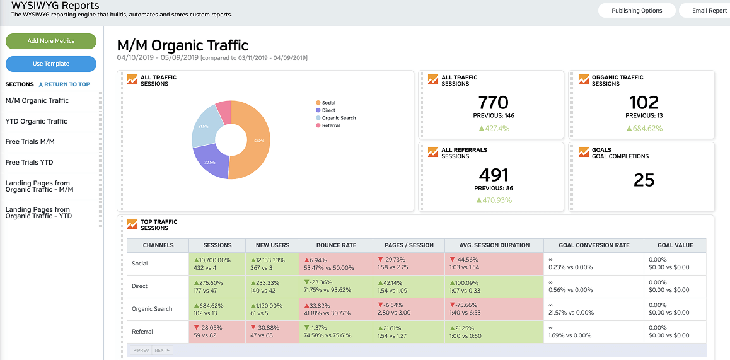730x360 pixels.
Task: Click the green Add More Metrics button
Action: pyautogui.click(x=51, y=41)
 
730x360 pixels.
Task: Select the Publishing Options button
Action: pyautogui.click(x=637, y=11)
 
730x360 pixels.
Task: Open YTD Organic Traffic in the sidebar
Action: pyautogui.click(x=37, y=121)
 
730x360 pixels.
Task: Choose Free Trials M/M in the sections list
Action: pyautogui.click(x=30, y=142)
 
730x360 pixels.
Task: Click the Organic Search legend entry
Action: pyautogui.click(x=339, y=118)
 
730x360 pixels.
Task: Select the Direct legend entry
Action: pyautogui.click(x=328, y=110)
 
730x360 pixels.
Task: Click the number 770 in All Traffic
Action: pyautogui.click(x=493, y=102)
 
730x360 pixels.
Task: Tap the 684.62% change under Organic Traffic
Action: pyautogui.click(x=644, y=129)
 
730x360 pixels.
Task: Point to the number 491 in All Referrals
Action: pyautogui.click(x=493, y=175)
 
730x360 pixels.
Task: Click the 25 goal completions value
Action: pyautogui.click(x=644, y=180)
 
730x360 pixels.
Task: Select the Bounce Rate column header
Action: pyautogui.click(x=335, y=245)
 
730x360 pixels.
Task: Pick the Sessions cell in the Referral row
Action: pyautogui.click(x=217, y=332)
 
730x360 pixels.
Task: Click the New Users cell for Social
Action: pyautogui.click(x=272, y=264)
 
